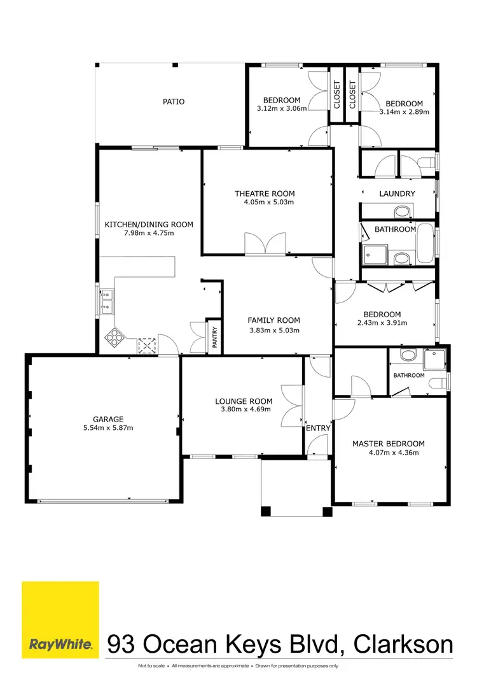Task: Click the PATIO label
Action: click(x=174, y=101)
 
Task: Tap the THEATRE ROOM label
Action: click(x=265, y=194)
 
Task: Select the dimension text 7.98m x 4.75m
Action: click(x=148, y=233)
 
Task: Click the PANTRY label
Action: click(x=214, y=336)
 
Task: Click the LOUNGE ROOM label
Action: click(x=244, y=401)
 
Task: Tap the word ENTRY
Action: click(x=318, y=428)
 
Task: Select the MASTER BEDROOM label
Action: click(x=389, y=444)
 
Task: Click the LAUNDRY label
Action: click(x=397, y=194)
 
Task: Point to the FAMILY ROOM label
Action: click(x=273, y=320)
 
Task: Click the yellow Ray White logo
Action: click(x=60, y=619)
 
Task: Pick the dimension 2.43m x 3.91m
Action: click(x=382, y=323)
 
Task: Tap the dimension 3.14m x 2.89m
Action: click(x=404, y=111)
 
